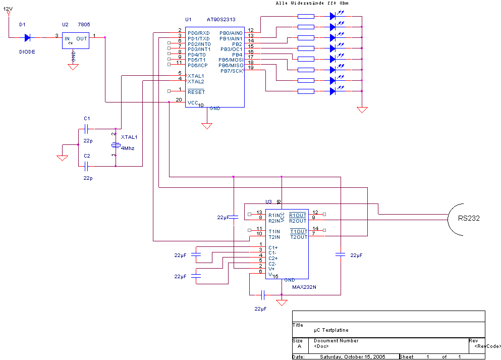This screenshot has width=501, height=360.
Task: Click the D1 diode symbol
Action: point(27,38)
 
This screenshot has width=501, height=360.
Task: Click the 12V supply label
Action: point(8,9)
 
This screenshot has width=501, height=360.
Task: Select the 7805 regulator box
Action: point(75,40)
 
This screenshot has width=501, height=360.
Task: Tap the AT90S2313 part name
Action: point(221,20)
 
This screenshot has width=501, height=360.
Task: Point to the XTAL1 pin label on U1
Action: point(196,76)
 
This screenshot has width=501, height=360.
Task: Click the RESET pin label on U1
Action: point(196,92)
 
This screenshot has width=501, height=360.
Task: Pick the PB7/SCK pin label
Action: point(232,71)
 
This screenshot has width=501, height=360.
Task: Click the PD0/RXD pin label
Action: point(198,33)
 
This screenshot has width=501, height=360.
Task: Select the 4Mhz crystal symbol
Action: point(116,145)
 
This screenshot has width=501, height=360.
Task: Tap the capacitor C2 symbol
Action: point(86,166)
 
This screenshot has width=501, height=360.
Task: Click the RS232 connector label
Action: point(469,218)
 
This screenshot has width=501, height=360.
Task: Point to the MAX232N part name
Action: point(304,287)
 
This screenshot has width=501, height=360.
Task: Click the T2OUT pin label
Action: point(298,237)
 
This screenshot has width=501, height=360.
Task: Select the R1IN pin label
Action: point(274,216)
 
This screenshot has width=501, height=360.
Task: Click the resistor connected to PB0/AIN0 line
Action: point(306,16)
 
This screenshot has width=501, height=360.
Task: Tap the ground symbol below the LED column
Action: point(362,110)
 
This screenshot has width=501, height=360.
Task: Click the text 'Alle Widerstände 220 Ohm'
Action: point(312,3)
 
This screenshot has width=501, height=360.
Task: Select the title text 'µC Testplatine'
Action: point(331,330)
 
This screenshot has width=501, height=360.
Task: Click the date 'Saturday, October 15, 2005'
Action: point(353,357)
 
